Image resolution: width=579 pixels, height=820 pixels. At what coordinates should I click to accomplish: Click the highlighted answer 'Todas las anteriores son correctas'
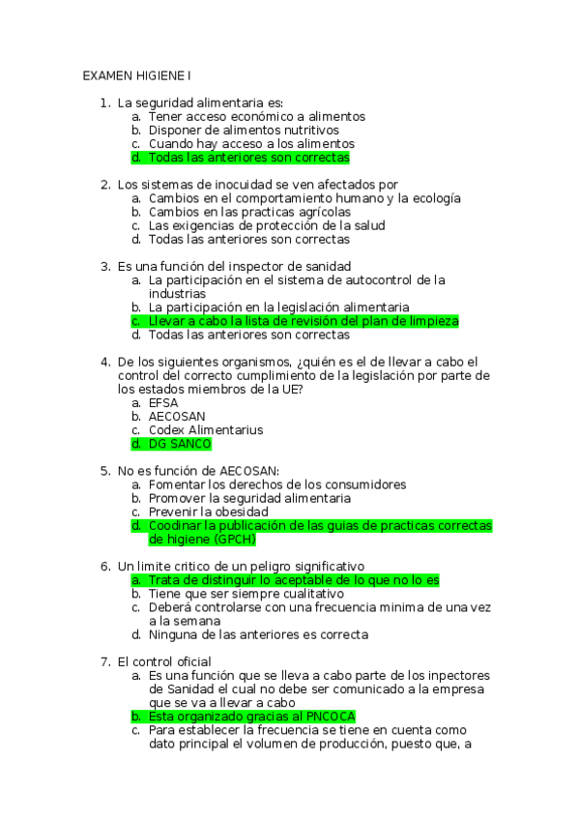(248, 157)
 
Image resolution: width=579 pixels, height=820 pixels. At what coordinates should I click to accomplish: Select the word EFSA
(164, 402)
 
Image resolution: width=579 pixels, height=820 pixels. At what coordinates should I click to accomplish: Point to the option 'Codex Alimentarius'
(205, 430)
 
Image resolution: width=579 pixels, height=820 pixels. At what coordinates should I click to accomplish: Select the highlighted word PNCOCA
(331, 717)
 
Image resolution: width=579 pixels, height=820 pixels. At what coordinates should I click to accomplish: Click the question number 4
(104, 362)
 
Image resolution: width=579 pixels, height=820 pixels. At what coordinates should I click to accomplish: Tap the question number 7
(104, 661)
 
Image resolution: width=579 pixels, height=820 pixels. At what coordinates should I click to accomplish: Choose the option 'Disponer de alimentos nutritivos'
(244, 130)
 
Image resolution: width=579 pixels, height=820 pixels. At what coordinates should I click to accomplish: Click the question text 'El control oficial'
(163, 661)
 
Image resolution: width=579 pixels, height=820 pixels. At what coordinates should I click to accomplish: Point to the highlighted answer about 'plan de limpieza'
(303, 321)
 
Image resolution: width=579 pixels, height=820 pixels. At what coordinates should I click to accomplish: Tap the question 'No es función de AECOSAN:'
(198, 471)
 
